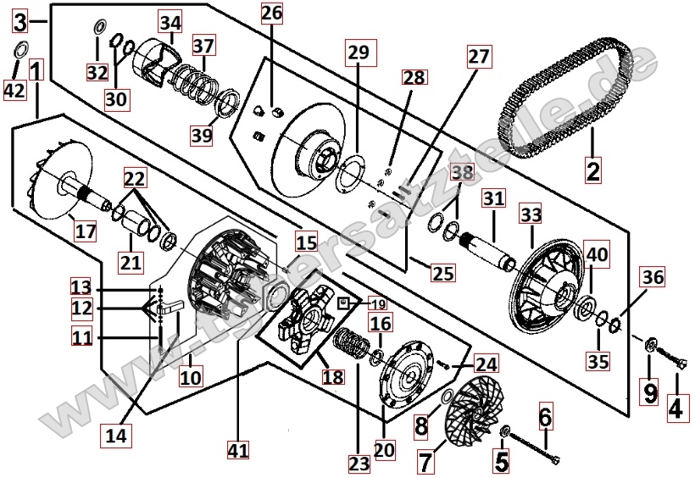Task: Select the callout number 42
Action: click(x=14, y=89)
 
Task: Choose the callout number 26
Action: click(x=271, y=14)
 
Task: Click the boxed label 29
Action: click(x=359, y=53)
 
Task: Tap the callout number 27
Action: click(x=479, y=57)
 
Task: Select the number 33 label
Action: click(x=530, y=215)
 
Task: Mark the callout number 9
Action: click(x=650, y=392)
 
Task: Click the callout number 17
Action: click(x=86, y=230)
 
